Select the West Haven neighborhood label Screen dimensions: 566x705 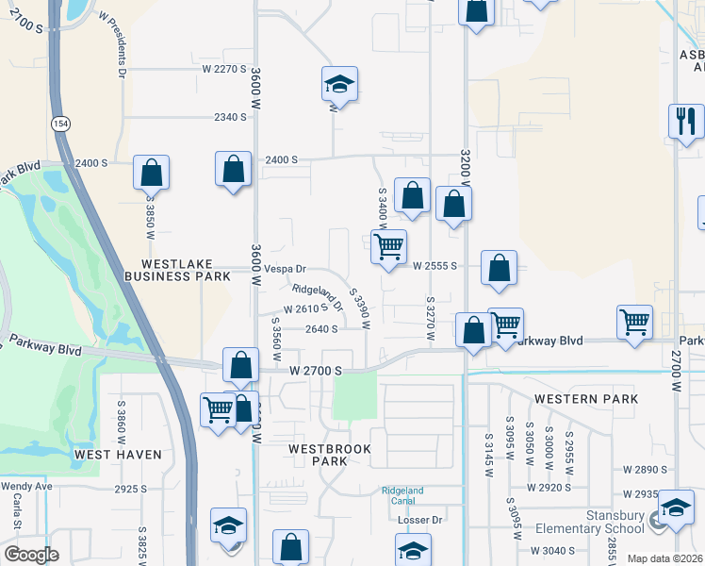coord(118,455)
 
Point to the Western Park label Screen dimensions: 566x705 coord(585,399)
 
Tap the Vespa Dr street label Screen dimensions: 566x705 coord(285,269)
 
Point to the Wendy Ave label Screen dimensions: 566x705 coord(25,487)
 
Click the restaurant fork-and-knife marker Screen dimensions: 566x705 coord(685,120)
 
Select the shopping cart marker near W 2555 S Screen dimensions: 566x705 coord(388,247)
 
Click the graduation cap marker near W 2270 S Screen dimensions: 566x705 coord(339,85)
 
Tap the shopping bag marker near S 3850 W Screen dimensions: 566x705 coord(151,173)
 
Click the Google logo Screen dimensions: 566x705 coord(31,555)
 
